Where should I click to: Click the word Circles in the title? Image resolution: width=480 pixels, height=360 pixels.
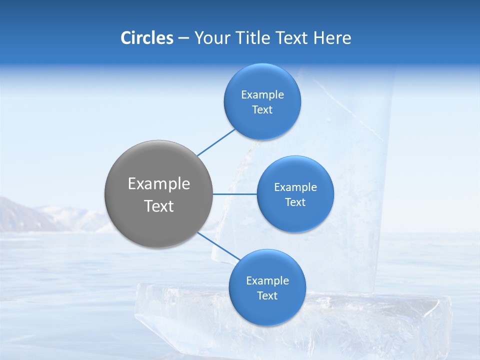(146, 38)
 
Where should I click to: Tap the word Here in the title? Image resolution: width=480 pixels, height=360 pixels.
(332, 38)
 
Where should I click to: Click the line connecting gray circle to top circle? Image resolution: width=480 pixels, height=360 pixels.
(216, 142)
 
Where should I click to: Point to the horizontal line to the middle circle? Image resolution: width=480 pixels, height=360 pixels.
(234, 194)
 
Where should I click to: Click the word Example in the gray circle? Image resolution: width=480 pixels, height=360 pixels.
(158, 184)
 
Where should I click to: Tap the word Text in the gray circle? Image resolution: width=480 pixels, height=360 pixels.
(158, 206)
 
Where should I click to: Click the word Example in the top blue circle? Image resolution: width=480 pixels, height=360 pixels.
(262, 95)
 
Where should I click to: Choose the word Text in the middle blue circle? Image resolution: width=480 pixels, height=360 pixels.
(295, 202)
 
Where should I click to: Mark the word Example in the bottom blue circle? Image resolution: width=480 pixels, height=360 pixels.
(267, 281)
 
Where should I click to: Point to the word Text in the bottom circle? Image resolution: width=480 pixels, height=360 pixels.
(267, 296)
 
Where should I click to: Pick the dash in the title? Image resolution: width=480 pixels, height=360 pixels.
(183, 38)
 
